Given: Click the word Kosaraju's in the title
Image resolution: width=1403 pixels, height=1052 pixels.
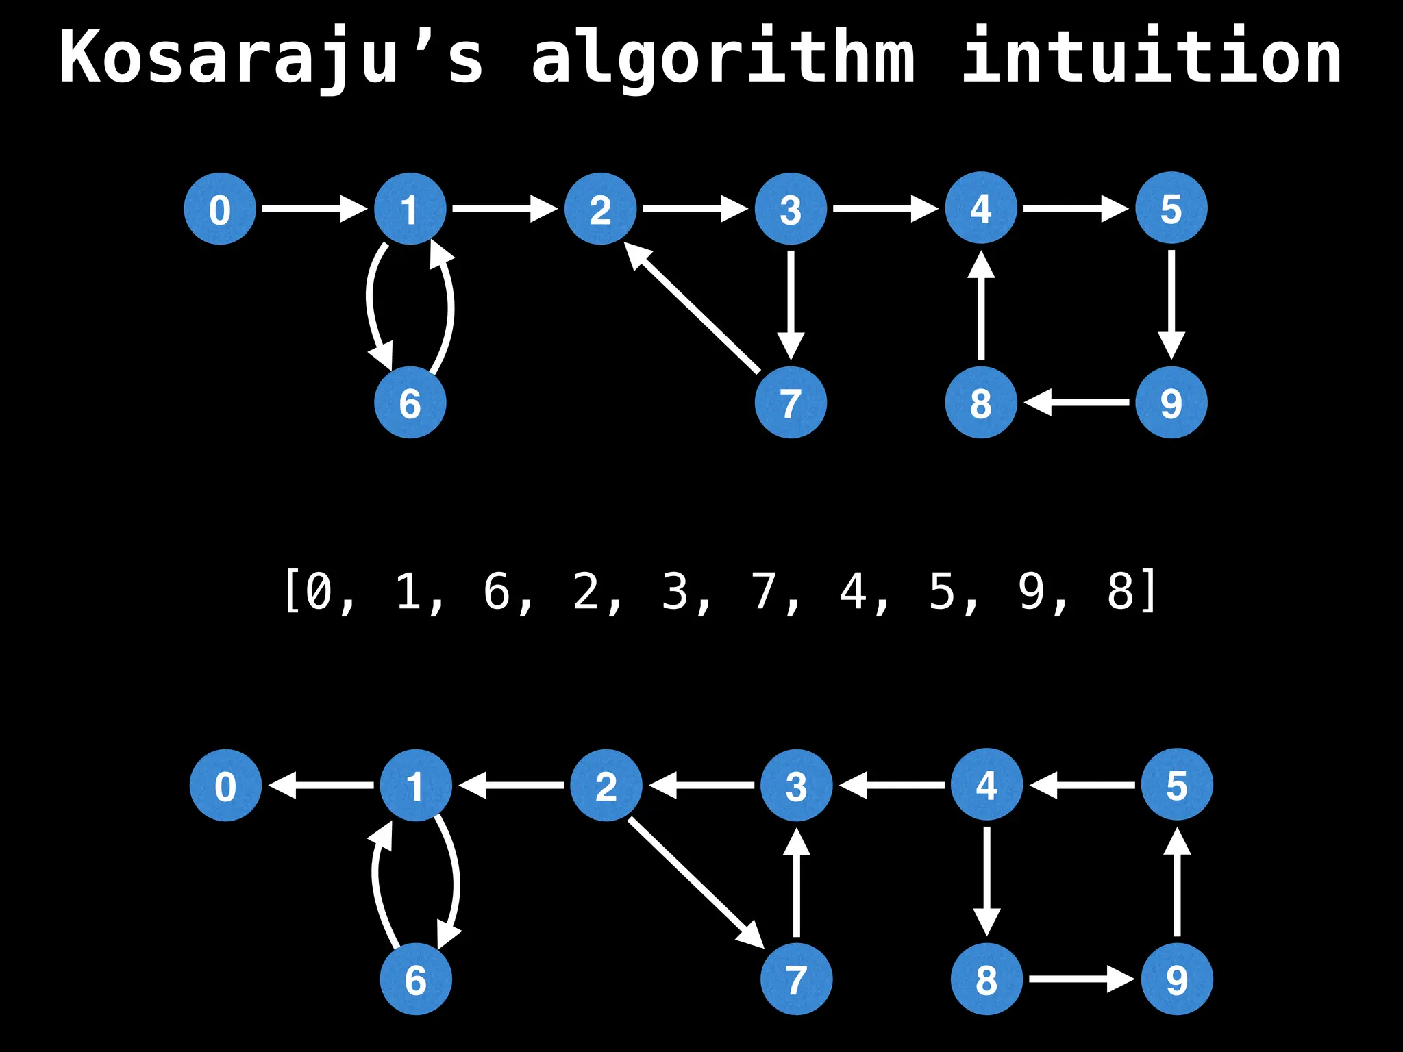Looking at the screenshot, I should pyautogui.click(x=271, y=58).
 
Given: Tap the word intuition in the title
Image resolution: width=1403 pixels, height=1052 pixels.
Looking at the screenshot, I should pyautogui.click(x=1152, y=58).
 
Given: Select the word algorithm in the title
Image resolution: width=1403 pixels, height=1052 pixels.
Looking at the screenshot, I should pyautogui.click(x=723, y=58).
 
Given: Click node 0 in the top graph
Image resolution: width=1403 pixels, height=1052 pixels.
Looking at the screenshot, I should pyautogui.click(x=220, y=209).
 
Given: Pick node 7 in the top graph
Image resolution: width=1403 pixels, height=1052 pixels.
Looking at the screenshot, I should pyautogui.click(x=791, y=403).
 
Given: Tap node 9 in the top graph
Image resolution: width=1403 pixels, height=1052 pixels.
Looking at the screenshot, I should pyautogui.click(x=1171, y=403).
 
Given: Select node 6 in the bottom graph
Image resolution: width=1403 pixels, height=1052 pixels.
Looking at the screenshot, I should pyautogui.click(x=416, y=979).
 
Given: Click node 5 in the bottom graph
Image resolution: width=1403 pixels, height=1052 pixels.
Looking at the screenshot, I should pyautogui.click(x=1177, y=785).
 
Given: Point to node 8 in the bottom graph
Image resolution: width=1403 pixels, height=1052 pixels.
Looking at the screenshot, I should pyautogui.click(x=986, y=979).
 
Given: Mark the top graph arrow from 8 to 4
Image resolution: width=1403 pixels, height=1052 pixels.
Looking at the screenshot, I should pyautogui.click(x=981, y=305).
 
